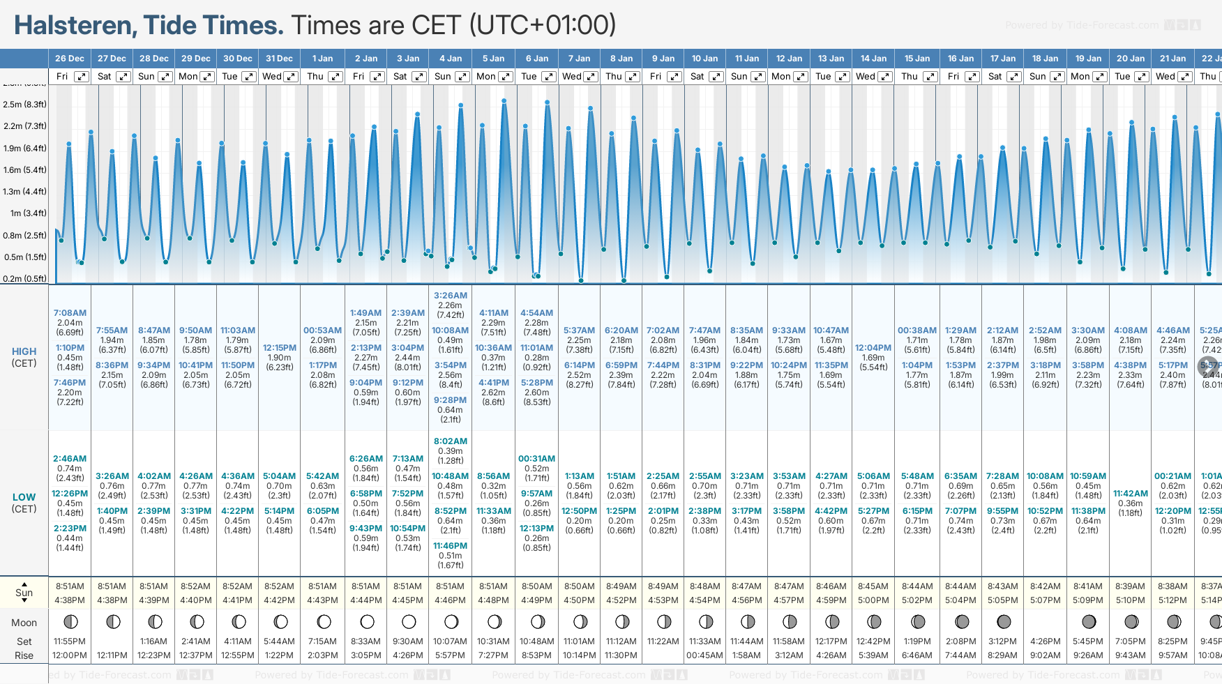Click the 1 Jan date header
click(x=322, y=59)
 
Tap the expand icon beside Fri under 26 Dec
click(x=82, y=77)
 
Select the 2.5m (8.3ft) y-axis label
click(x=24, y=105)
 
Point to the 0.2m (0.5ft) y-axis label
click(x=24, y=279)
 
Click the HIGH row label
click(x=24, y=352)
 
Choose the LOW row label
click(x=24, y=498)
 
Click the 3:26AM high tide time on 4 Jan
click(x=451, y=296)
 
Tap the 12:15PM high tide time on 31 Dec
click(x=280, y=348)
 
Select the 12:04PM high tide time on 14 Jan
click(x=873, y=348)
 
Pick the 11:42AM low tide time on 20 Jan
click(x=1131, y=494)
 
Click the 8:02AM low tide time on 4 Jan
click(x=451, y=441)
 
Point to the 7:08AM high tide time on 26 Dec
click(x=70, y=313)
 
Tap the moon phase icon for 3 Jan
click(x=409, y=621)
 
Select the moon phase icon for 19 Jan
click(x=1088, y=621)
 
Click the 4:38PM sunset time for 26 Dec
click(x=70, y=600)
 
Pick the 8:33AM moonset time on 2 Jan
click(x=365, y=641)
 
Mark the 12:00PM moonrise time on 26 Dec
click(x=70, y=655)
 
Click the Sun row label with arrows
click(x=24, y=593)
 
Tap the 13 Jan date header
click(x=831, y=59)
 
